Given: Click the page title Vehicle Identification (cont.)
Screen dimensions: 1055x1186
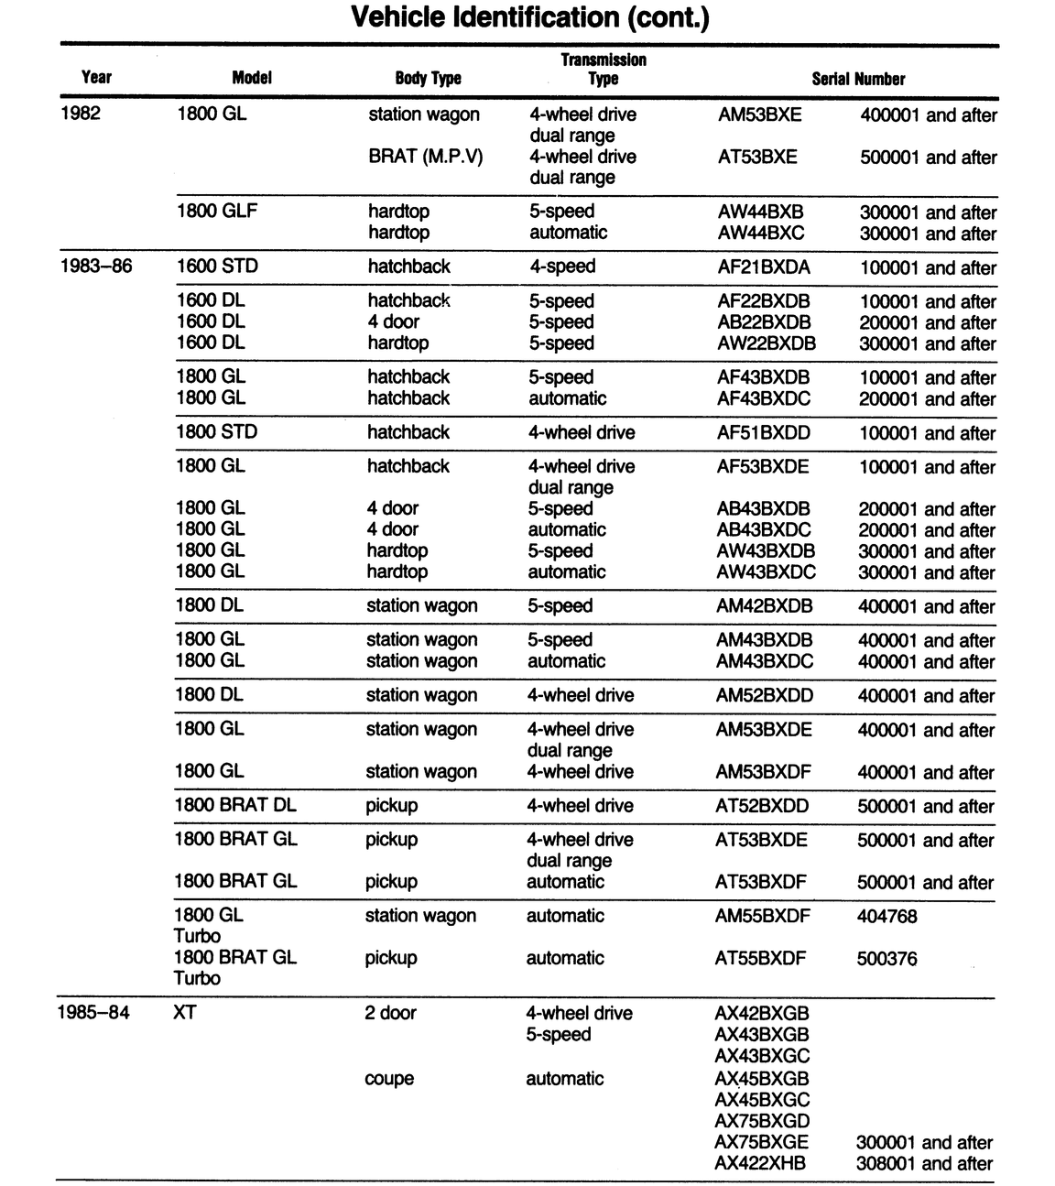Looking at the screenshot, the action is tap(530, 17).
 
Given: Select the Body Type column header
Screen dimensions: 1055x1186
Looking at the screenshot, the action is tap(428, 79).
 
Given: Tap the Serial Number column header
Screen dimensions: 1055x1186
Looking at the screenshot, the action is tap(858, 79).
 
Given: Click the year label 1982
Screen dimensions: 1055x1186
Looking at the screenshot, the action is tap(80, 114).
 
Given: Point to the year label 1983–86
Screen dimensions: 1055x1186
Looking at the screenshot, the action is tap(95, 267).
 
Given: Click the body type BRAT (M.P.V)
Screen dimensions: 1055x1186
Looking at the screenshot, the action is tap(425, 157).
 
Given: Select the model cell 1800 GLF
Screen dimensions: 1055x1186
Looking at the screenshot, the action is tap(217, 211).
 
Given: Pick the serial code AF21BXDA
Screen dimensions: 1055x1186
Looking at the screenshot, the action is tap(764, 267).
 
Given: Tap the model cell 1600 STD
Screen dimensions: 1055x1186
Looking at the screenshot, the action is tap(217, 267).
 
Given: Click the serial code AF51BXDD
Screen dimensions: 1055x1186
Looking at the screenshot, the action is tap(763, 432).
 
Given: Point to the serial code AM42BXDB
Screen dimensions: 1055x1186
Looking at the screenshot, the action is tap(764, 605).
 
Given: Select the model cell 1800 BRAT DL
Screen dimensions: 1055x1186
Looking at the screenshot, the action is tap(235, 805).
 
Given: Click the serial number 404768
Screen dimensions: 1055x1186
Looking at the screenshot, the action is tap(886, 916).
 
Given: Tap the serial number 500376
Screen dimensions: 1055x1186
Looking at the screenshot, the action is tap(886, 958).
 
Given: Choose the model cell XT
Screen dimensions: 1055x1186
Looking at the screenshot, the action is tap(184, 1013).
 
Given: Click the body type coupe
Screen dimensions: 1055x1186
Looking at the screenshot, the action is tap(389, 1078).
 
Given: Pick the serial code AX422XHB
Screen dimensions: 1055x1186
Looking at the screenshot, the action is tap(760, 1163).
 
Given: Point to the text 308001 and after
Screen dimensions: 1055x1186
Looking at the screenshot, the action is tap(924, 1163).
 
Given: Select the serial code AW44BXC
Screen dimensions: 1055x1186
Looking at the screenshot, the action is tap(761, 233).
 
